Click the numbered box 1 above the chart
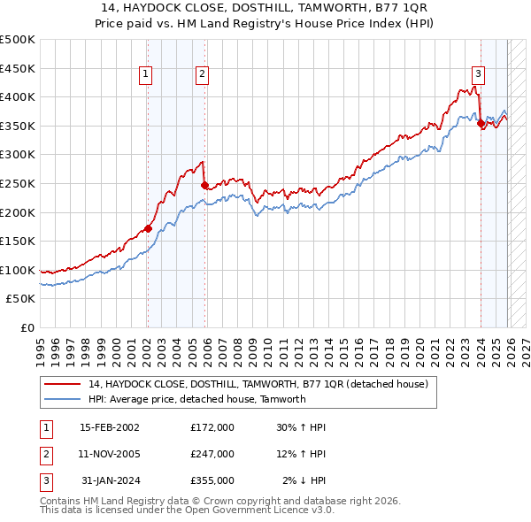[145, 74]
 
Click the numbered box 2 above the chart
[203, 74]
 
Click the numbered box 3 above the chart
[478, 74]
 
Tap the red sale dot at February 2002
[148, 228]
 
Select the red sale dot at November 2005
[204, 185]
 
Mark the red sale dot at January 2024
[481, 124]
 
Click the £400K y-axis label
[18, 96]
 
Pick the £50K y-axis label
[20, 299]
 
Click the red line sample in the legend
[63, 385]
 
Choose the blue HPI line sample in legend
[63, 399]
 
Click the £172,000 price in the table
[212, 426]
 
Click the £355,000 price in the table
[212, 480]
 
